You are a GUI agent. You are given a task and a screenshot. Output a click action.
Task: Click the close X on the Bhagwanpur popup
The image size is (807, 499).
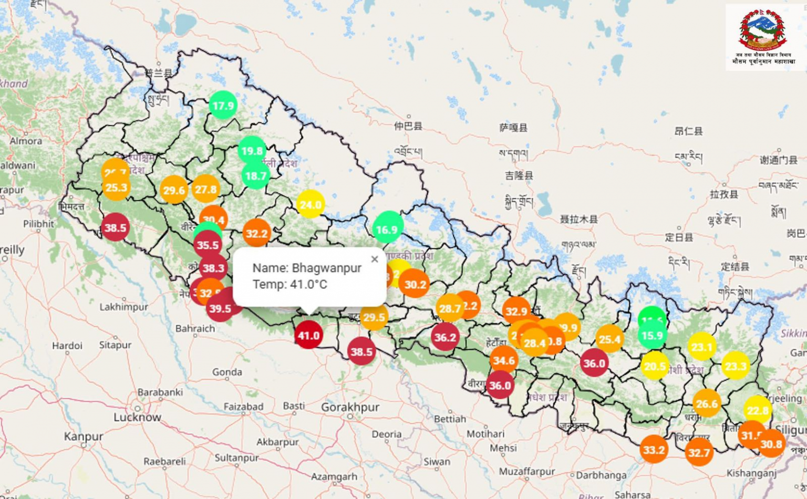coord(374,259)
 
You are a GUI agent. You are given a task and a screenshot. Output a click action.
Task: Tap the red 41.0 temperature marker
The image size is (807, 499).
coord(308,335)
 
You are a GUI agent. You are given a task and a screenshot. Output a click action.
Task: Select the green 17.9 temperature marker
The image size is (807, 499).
coord(223,106)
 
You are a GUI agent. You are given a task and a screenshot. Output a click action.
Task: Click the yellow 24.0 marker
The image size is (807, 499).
coord(310,204)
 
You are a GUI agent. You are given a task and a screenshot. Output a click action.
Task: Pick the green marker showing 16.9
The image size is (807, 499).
coord(388,229)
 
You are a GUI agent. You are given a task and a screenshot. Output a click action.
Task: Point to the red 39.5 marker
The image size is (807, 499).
coord(220,309)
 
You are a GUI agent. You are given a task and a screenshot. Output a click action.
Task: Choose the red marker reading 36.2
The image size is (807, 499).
coord(445,337)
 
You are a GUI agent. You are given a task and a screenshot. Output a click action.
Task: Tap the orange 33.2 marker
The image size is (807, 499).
coord(654,450)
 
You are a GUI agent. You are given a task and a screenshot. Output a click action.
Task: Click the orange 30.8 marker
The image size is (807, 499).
coord(771,444)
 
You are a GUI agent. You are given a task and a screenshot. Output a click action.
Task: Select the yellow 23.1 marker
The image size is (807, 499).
coord(702,347)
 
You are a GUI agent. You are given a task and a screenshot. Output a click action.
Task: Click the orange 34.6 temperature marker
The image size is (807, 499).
coord(503,360)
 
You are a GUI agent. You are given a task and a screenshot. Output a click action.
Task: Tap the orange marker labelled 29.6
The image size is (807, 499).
coord(174,190)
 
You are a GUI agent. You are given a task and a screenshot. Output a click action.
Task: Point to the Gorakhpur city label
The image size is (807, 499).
coord(350,408)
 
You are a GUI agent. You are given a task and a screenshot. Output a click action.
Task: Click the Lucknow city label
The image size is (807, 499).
coord(137,417)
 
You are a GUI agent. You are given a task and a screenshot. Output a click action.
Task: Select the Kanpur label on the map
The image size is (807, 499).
coord(84,436)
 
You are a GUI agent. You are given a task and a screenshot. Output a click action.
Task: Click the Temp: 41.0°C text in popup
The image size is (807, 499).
coord(289,285)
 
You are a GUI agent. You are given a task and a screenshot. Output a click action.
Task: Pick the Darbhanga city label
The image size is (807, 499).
coord(601,475)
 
